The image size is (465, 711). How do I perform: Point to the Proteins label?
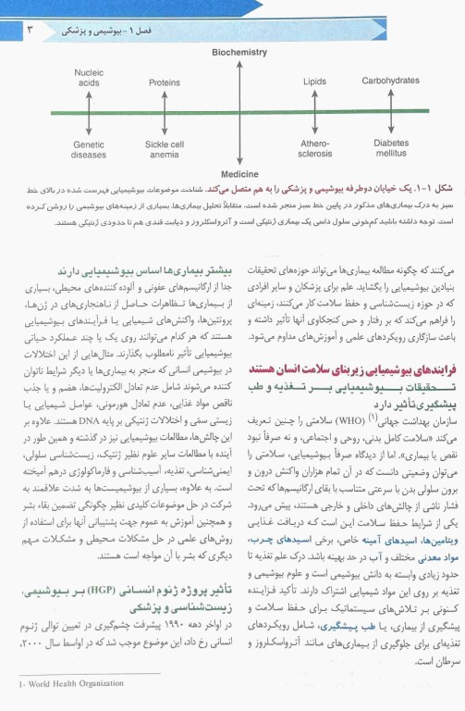click(x=165, y=81)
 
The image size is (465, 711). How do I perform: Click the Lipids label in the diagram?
click(x=314, y=81)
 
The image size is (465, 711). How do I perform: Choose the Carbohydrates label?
click(x=390, y=81)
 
